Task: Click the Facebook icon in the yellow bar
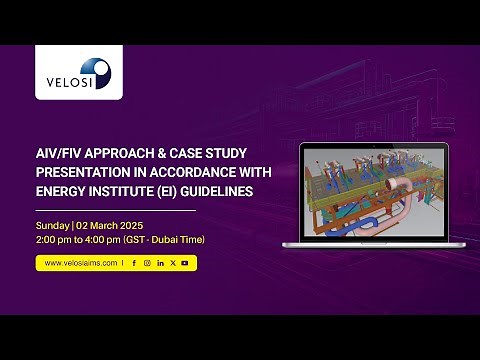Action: point(134,263)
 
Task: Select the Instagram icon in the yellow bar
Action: point(147,263)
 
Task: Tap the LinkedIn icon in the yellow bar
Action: point(160,263)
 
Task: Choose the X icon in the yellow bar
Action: point(172,263)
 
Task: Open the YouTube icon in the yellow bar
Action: point(185,263)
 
